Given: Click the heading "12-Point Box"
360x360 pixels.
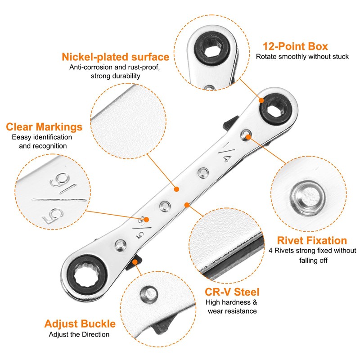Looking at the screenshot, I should point(295,46).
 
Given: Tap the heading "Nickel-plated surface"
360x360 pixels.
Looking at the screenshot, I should point(116,57).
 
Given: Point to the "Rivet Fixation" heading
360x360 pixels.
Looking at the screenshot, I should point(312,240).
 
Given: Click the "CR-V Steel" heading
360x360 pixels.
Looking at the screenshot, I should point(232,292).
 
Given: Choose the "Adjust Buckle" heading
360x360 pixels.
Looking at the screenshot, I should point(80,324).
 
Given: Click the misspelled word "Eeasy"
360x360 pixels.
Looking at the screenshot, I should point(21,137).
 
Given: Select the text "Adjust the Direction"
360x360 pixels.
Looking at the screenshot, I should point(79,334).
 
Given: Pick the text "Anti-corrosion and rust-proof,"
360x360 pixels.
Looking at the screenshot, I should point(115,67).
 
